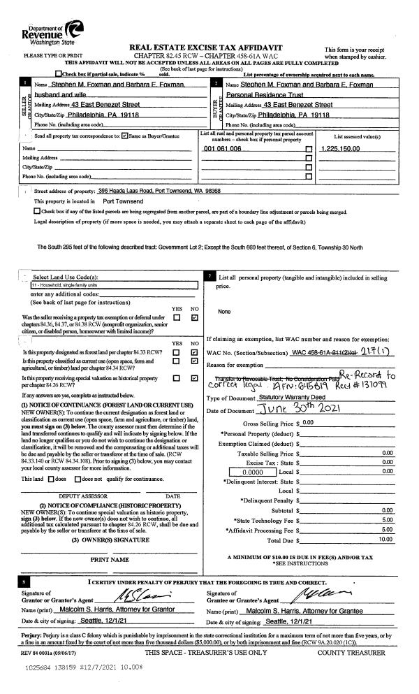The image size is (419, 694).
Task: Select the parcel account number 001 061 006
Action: (x=223, y=149)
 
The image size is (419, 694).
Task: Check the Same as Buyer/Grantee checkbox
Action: (x=124, y=136)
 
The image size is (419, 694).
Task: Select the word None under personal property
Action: (x=224, y=312)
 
